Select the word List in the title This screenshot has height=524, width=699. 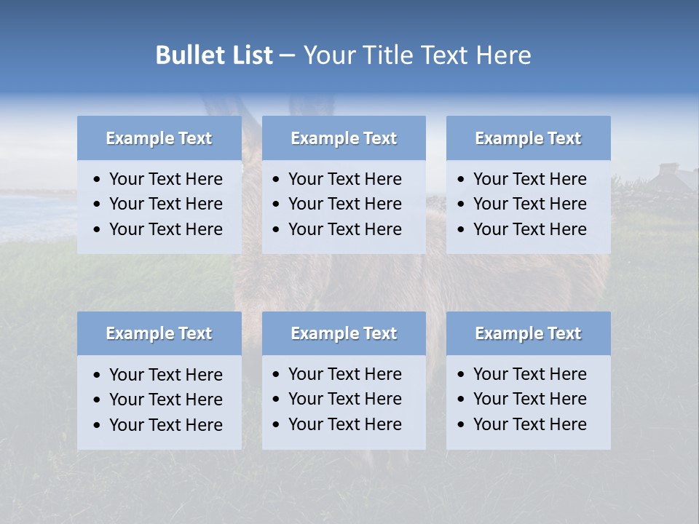click(250, 55)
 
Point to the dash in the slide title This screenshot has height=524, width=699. click(287, 56)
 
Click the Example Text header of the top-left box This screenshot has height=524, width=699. click(159, 138)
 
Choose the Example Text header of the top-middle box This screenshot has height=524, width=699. click(344, 138)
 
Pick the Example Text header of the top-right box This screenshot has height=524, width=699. click(528, 138)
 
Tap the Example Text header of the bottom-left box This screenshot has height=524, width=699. click(159, 333)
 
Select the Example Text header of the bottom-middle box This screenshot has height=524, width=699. click(344, 333)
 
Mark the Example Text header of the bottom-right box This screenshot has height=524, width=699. click(528, 333)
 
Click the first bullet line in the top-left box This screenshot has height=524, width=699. click(165, 179)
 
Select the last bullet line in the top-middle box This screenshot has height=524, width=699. click(344, 229)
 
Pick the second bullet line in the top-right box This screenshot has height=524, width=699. click(529, 204)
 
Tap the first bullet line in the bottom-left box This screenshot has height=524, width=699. click(165, 375)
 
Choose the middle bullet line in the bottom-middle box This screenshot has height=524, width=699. click(344, 399)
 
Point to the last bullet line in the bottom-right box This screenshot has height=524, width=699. click(529, 424)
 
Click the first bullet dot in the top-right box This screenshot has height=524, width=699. click(461, 180)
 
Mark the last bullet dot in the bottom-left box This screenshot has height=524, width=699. click(97, 426)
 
